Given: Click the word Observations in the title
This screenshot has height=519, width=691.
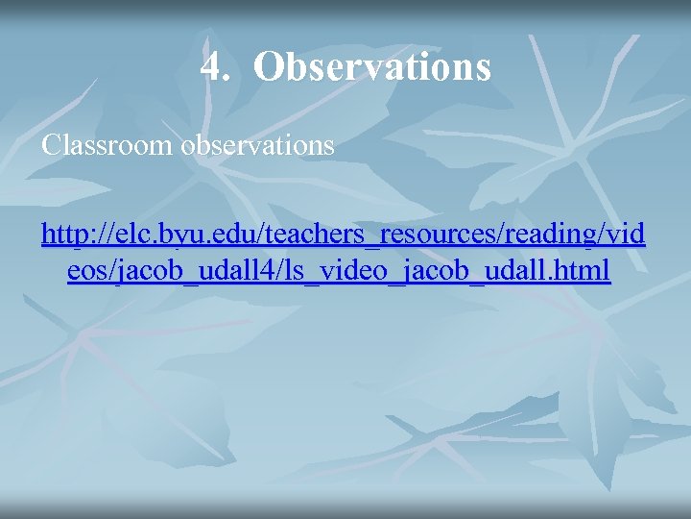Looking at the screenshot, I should pyautogui.click(x=373, y=67).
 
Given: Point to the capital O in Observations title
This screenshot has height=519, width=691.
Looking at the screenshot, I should pyautogui.click(x=270, y=67).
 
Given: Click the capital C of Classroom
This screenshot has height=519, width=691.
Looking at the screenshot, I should pyautogui.click(x=50, y=146).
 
